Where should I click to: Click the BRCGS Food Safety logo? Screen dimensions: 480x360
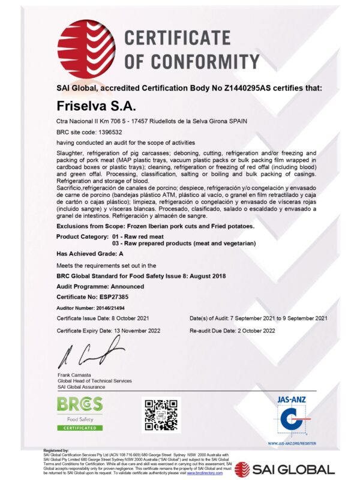(79, 412)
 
